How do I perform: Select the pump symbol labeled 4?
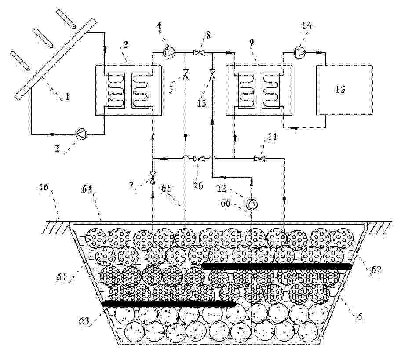pyautogui.click(x=169, y=53)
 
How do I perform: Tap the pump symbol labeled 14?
pyautogui.click(x=300, y=53)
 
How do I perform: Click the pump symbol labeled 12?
pyautogui.click(x=252, y=204)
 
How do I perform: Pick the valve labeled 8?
pyautogui.click(x=199, y=53)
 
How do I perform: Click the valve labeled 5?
pyautogui.click(x=186, y=74)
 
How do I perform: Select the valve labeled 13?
pyautogui.click(x=212, y=75)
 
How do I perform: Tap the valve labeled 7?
pyautogui.click(x=153, y=178)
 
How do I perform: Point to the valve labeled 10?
pyautogui.click(x=199, y=159)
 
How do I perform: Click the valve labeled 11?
pyautogui.click(x=259, y=159)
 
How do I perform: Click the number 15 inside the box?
pyautogui.click(x=340, y=89)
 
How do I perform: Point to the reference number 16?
pyautogui.click(x=43, y=187)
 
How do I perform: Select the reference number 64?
pyautogui.click(x=87, y=189)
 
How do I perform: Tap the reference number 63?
pyautogui.click(x=84, y=320)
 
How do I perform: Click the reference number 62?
pyautogui.click(x=375, y=270)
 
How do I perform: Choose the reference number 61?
pyautogui.click(x=62, y=277)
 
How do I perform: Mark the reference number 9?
pyautogui.click(x=252, y=43)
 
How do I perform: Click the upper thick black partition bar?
pyautogui.click(x=277, y=266)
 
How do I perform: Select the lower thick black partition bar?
pyautogui.click(x=169, y=304)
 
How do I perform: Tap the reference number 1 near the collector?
pyautogui.click(x=68, y=97)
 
